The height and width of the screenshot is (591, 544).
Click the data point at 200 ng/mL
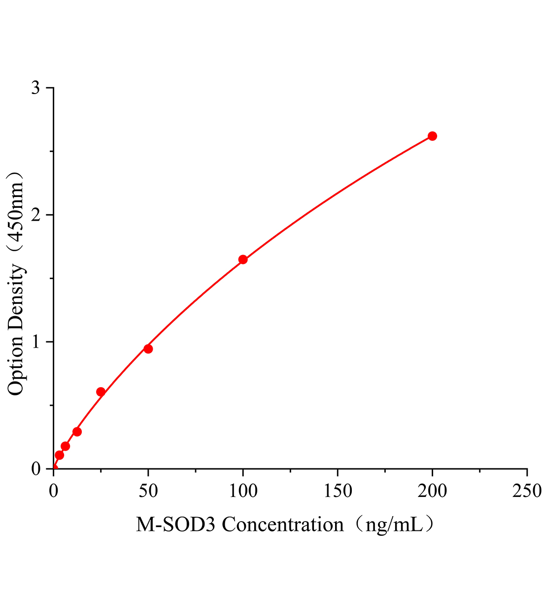click(432, 136)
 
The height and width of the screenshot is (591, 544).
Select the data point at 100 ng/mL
click(243, 260)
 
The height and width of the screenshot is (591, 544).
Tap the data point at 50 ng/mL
click(148, 349)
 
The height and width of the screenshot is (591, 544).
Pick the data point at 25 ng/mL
click(101, 392)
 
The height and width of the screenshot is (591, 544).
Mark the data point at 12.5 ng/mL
click(77, 432)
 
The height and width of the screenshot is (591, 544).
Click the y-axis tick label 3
click(36, 88)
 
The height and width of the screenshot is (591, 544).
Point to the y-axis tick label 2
click(36, 215)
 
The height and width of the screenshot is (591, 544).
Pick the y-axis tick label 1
click(36, 342)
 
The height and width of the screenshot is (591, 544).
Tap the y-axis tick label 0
click(36, 469)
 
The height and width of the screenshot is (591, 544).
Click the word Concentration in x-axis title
click(282, 525)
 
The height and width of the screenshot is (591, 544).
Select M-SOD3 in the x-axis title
click(176, 525)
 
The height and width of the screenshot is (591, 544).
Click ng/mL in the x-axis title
click(393, 525)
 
